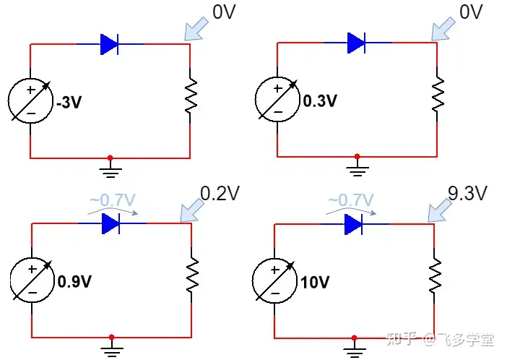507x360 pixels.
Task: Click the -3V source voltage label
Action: point(69,102)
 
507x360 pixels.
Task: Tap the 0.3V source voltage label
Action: point(320,100)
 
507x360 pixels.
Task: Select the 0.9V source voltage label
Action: point(74,281)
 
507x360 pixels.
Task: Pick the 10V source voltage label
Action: point(315,282)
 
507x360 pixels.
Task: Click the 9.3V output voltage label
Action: point(467,193)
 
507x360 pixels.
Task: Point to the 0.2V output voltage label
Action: point(220,193)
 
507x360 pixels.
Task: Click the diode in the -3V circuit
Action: point(109,44)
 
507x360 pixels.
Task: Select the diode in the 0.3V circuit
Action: point(356,43)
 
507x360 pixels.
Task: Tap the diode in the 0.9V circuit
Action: point(110,223)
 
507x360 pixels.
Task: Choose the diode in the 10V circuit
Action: point(353,224)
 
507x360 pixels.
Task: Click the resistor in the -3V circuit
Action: point(191,95)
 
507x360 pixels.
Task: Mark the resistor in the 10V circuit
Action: point(435,275)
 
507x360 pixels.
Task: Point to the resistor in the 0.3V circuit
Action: point(438,94)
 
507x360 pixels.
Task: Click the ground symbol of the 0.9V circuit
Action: point(111,349)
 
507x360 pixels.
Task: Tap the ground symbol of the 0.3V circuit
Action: point(357,168)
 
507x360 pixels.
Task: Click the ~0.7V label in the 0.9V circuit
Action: point(113,200)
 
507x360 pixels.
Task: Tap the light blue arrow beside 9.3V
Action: point(440,211)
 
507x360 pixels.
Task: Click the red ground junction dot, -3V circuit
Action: point(110,158)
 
